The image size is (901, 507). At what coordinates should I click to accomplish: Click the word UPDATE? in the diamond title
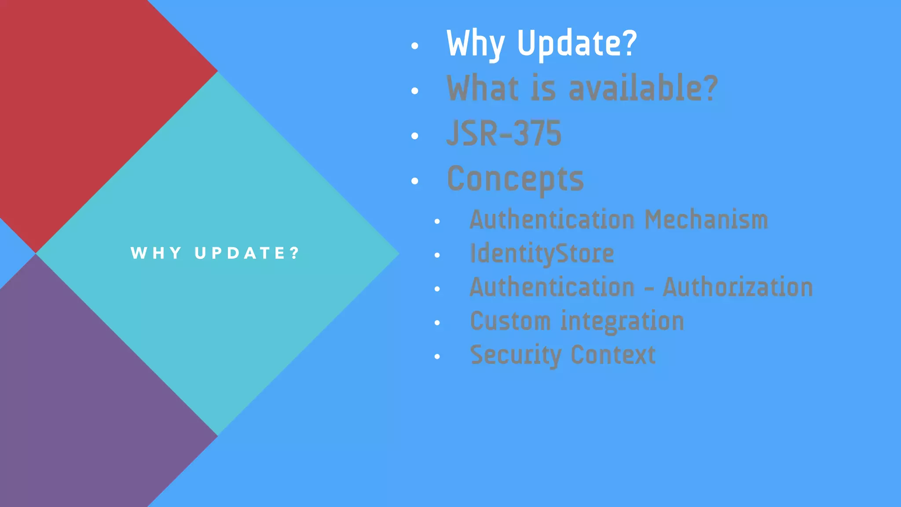247,253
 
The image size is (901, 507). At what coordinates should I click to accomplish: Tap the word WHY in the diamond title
156,253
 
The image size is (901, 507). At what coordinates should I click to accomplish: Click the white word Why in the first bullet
475,44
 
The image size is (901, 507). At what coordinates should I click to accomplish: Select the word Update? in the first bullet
577,44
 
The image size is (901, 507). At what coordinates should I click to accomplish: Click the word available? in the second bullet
643,88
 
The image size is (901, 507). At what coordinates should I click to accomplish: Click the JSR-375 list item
504,133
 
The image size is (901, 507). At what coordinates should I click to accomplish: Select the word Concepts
515,179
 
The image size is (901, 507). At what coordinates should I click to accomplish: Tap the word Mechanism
706,220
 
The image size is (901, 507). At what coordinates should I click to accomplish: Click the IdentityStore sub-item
542,254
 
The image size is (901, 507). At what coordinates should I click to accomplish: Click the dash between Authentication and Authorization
649,289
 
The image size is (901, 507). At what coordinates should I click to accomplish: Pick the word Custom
510,321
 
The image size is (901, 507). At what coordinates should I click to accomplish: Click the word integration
623,321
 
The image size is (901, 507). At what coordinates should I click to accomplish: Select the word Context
613,355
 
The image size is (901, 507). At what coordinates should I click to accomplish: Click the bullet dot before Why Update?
414,46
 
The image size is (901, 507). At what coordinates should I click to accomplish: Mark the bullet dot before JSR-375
414,136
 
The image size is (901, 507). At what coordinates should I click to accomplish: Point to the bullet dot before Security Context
437,356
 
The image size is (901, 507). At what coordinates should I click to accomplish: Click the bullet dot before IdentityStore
437,255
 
